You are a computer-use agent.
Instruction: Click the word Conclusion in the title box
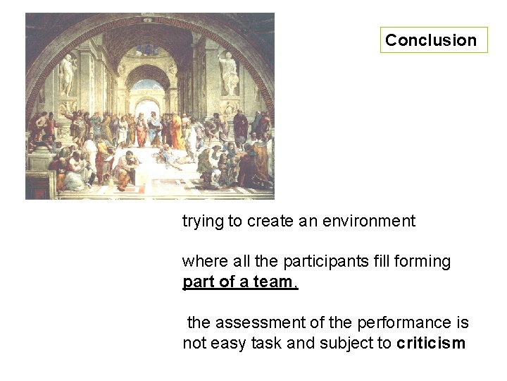pos(431,40)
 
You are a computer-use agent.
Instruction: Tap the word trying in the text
pos(202,222)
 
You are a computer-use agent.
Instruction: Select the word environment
pos(368,222)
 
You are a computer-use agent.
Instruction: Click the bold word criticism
pos(431,344)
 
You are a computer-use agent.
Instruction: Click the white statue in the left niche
pos(68,74)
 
